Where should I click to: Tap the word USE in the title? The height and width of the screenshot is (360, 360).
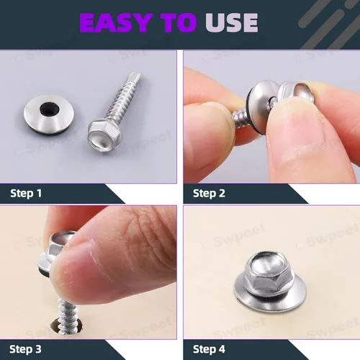click(232, 22)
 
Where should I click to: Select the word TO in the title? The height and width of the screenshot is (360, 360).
click(179, 22)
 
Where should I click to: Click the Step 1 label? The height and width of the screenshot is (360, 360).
click(26, 194)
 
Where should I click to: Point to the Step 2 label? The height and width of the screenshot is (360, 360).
click(209, 194)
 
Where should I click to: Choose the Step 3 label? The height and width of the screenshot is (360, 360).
click(25, 349)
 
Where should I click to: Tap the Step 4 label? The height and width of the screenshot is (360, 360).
click(209, 349)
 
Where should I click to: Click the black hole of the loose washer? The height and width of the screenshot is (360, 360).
click(50, 109)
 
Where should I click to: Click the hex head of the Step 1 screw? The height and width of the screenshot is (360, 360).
click(105, 135)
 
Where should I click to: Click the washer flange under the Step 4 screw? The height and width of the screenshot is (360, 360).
click(270, 300)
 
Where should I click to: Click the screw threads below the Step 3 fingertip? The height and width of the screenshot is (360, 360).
click(67, 315)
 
